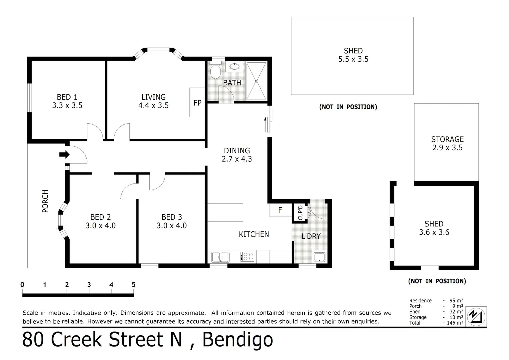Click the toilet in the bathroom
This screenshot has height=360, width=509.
(215, 71)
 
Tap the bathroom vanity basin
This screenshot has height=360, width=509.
(235, 66)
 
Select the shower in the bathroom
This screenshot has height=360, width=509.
(256, 81)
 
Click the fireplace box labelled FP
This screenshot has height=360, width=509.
(197, 102)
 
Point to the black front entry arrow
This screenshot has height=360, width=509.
(64, 154)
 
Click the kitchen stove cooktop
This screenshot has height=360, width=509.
(247, 257)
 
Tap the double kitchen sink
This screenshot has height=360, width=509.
(220, 257)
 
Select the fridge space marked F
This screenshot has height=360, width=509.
(280, 210)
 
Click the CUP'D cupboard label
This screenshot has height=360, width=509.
(300, 212)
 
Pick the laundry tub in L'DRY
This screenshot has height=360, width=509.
(319, 257)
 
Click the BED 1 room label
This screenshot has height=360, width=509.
(67, 97)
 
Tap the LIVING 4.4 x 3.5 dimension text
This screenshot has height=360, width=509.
(153, 106)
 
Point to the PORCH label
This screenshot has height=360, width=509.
(45, 201)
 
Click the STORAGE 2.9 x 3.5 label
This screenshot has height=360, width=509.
(447, 143)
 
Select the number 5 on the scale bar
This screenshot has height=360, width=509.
(133, 285)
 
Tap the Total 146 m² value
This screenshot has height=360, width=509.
(455, 323)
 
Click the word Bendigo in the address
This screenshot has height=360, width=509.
(237, 340)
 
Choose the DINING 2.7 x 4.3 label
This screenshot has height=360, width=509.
(237, 155)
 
